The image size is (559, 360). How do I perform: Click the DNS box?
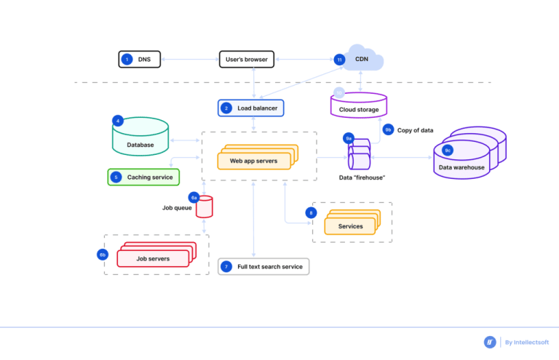[140, 59]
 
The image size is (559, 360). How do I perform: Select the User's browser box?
[246, 59]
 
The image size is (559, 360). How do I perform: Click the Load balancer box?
[251, 108]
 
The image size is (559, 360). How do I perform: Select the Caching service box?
[143, 177]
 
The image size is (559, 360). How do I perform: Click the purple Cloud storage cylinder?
[359, 105]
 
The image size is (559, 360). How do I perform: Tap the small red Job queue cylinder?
[205, 207]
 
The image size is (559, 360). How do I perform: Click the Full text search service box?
[263, 267]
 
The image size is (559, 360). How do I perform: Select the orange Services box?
[350, 226]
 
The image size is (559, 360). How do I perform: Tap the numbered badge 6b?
[103, 255]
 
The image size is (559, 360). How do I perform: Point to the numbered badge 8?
[312, 213]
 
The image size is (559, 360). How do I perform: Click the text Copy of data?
[416, 130]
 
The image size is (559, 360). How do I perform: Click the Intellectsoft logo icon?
[490, 342]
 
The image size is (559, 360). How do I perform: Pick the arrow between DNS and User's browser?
[189, 59]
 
